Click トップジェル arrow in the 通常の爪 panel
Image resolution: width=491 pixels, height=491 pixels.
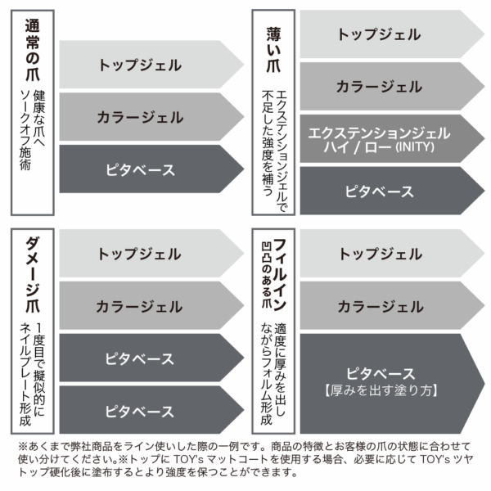pyautogui.click(x=151, y=64)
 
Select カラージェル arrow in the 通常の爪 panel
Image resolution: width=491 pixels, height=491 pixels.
pyautogui.click(x=151, y=116)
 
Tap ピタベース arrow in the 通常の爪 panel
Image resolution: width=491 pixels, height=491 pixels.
pyautogui.click(x=151, y=169)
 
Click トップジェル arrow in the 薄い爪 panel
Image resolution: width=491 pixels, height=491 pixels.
pyautogui.click(x=392, y=34)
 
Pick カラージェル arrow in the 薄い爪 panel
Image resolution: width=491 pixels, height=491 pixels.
pyautogui.click(x=392, y=86)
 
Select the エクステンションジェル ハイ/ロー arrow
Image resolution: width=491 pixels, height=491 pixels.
pyautogui.click(x=392, y=138)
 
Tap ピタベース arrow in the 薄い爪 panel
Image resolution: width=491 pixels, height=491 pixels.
pyautogui.click(x=392, y=191)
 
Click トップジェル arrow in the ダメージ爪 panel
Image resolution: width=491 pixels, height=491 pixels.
pyautogui.click(x=151, y=253)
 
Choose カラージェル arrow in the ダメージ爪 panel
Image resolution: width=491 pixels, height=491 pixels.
pyautogui.click(x=151, y=305)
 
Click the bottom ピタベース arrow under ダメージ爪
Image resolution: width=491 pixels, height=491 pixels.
pyautogui.click(x=151, y=410)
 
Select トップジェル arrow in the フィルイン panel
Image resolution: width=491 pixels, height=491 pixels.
pyautogui.click(x=392, y=253)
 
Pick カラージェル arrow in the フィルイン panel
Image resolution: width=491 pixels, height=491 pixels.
pyautogui.click(x=392, y=305)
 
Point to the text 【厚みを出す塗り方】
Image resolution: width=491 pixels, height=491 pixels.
pyautogui.click(x=381, y=390)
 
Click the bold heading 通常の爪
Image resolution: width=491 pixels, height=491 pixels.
pyautogui.click(x=33, y=50)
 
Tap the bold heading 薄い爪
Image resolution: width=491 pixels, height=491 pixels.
pyautogui.click(x=273, y=50)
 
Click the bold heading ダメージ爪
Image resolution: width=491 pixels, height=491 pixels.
pyautogui.click(x=33, y=275)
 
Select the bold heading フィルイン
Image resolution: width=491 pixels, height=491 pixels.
pyautogui.click(x=280, y=275)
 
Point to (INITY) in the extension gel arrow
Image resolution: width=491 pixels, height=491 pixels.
pyautogui.click(x=415, y=146)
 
